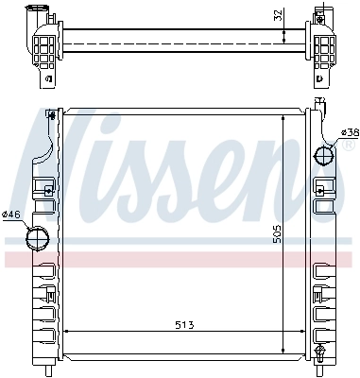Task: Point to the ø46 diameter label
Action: pyautogui.click(x=12, y=215)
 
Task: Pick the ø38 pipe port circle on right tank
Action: pyautogui.click(x=324, y=153)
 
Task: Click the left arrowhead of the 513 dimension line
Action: pyautogui.click(x=66, y=333)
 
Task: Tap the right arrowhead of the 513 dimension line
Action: pyautogui.click(x=302, y=333)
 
